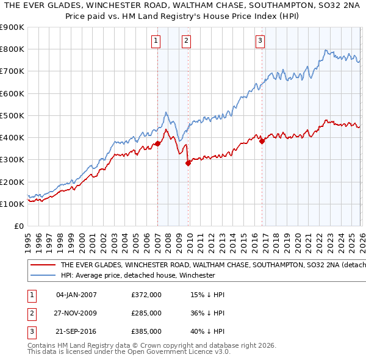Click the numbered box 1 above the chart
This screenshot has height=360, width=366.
156,41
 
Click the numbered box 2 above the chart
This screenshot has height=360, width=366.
186,41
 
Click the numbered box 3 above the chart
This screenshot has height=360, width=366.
260,41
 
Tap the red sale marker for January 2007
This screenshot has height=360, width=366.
157,144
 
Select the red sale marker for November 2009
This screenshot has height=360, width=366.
188,163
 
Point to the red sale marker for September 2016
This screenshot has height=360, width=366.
262,141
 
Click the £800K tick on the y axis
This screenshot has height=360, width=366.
12,49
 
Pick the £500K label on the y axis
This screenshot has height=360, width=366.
12,116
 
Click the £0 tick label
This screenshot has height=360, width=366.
18,226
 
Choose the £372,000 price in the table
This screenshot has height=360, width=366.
146,295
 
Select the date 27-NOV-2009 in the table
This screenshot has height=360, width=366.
76,313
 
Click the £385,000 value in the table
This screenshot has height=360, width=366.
146,331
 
